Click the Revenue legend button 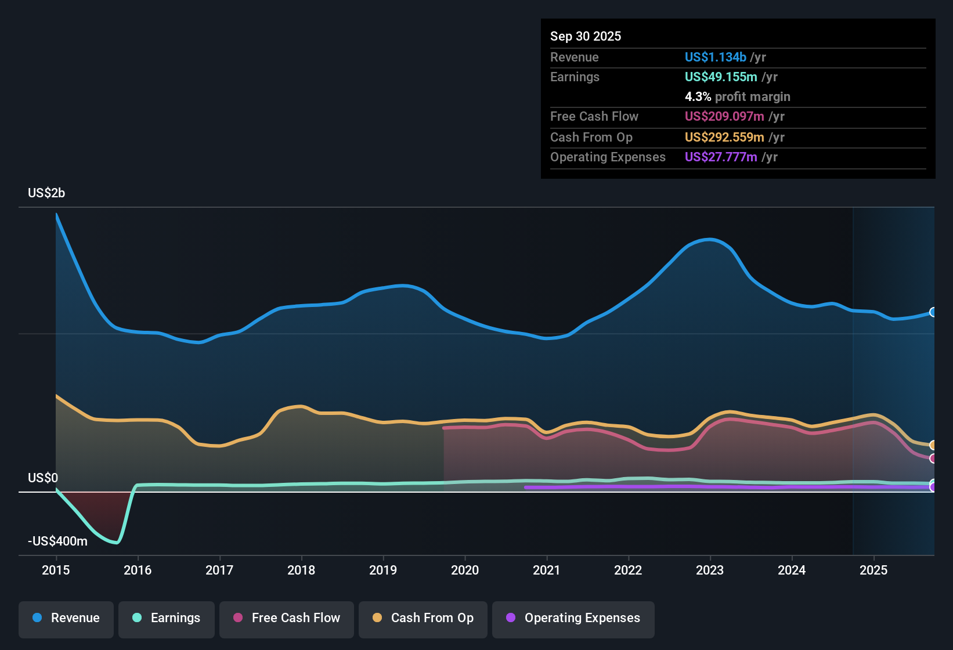(66, 618)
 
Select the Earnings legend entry (167, 618)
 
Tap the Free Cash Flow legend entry (287, 618)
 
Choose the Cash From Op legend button (423, 618)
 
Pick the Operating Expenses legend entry (573, 618)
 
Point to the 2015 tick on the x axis (56, 570)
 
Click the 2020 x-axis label (465, 570)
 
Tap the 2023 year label (710, 570)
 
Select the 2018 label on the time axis (301, 570)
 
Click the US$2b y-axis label (46, 193)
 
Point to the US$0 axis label (43, 478)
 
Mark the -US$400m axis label (57, 541)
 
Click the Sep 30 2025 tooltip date (585, 36)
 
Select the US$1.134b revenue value (715, 57)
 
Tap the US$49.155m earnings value (720, 77)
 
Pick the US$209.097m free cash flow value (724, 116)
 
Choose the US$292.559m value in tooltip (724, 137)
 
